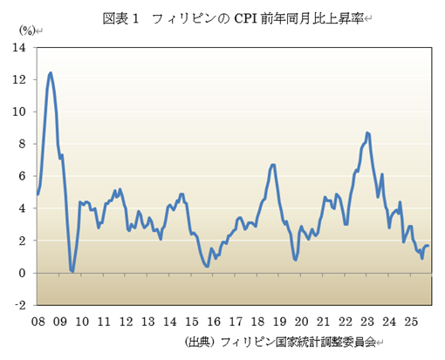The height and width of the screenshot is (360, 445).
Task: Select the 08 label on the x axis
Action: pyautogui.click(x=38, y=321)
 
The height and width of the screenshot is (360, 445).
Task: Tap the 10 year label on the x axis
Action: pyautogui.click(x=82, y=321)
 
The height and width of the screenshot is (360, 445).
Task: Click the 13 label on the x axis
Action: pyautogui.click(x=147, y=321)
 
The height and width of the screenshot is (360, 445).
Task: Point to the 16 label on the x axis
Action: pyautogui.click(x=214, y=321)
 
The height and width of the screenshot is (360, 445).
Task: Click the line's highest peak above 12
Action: pyautogui.click(x=51, y=72)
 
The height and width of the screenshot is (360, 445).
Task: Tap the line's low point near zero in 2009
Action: pyautogui.click(x=72, y=271)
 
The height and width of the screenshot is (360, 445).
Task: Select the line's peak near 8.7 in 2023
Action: pyautogui.click(x=367, y=132)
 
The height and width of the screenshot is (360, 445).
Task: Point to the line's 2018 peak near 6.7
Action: pyautogui.click(x=273, y=164)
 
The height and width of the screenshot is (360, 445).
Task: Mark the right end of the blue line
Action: pyautogui.click(x=428, y=247)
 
